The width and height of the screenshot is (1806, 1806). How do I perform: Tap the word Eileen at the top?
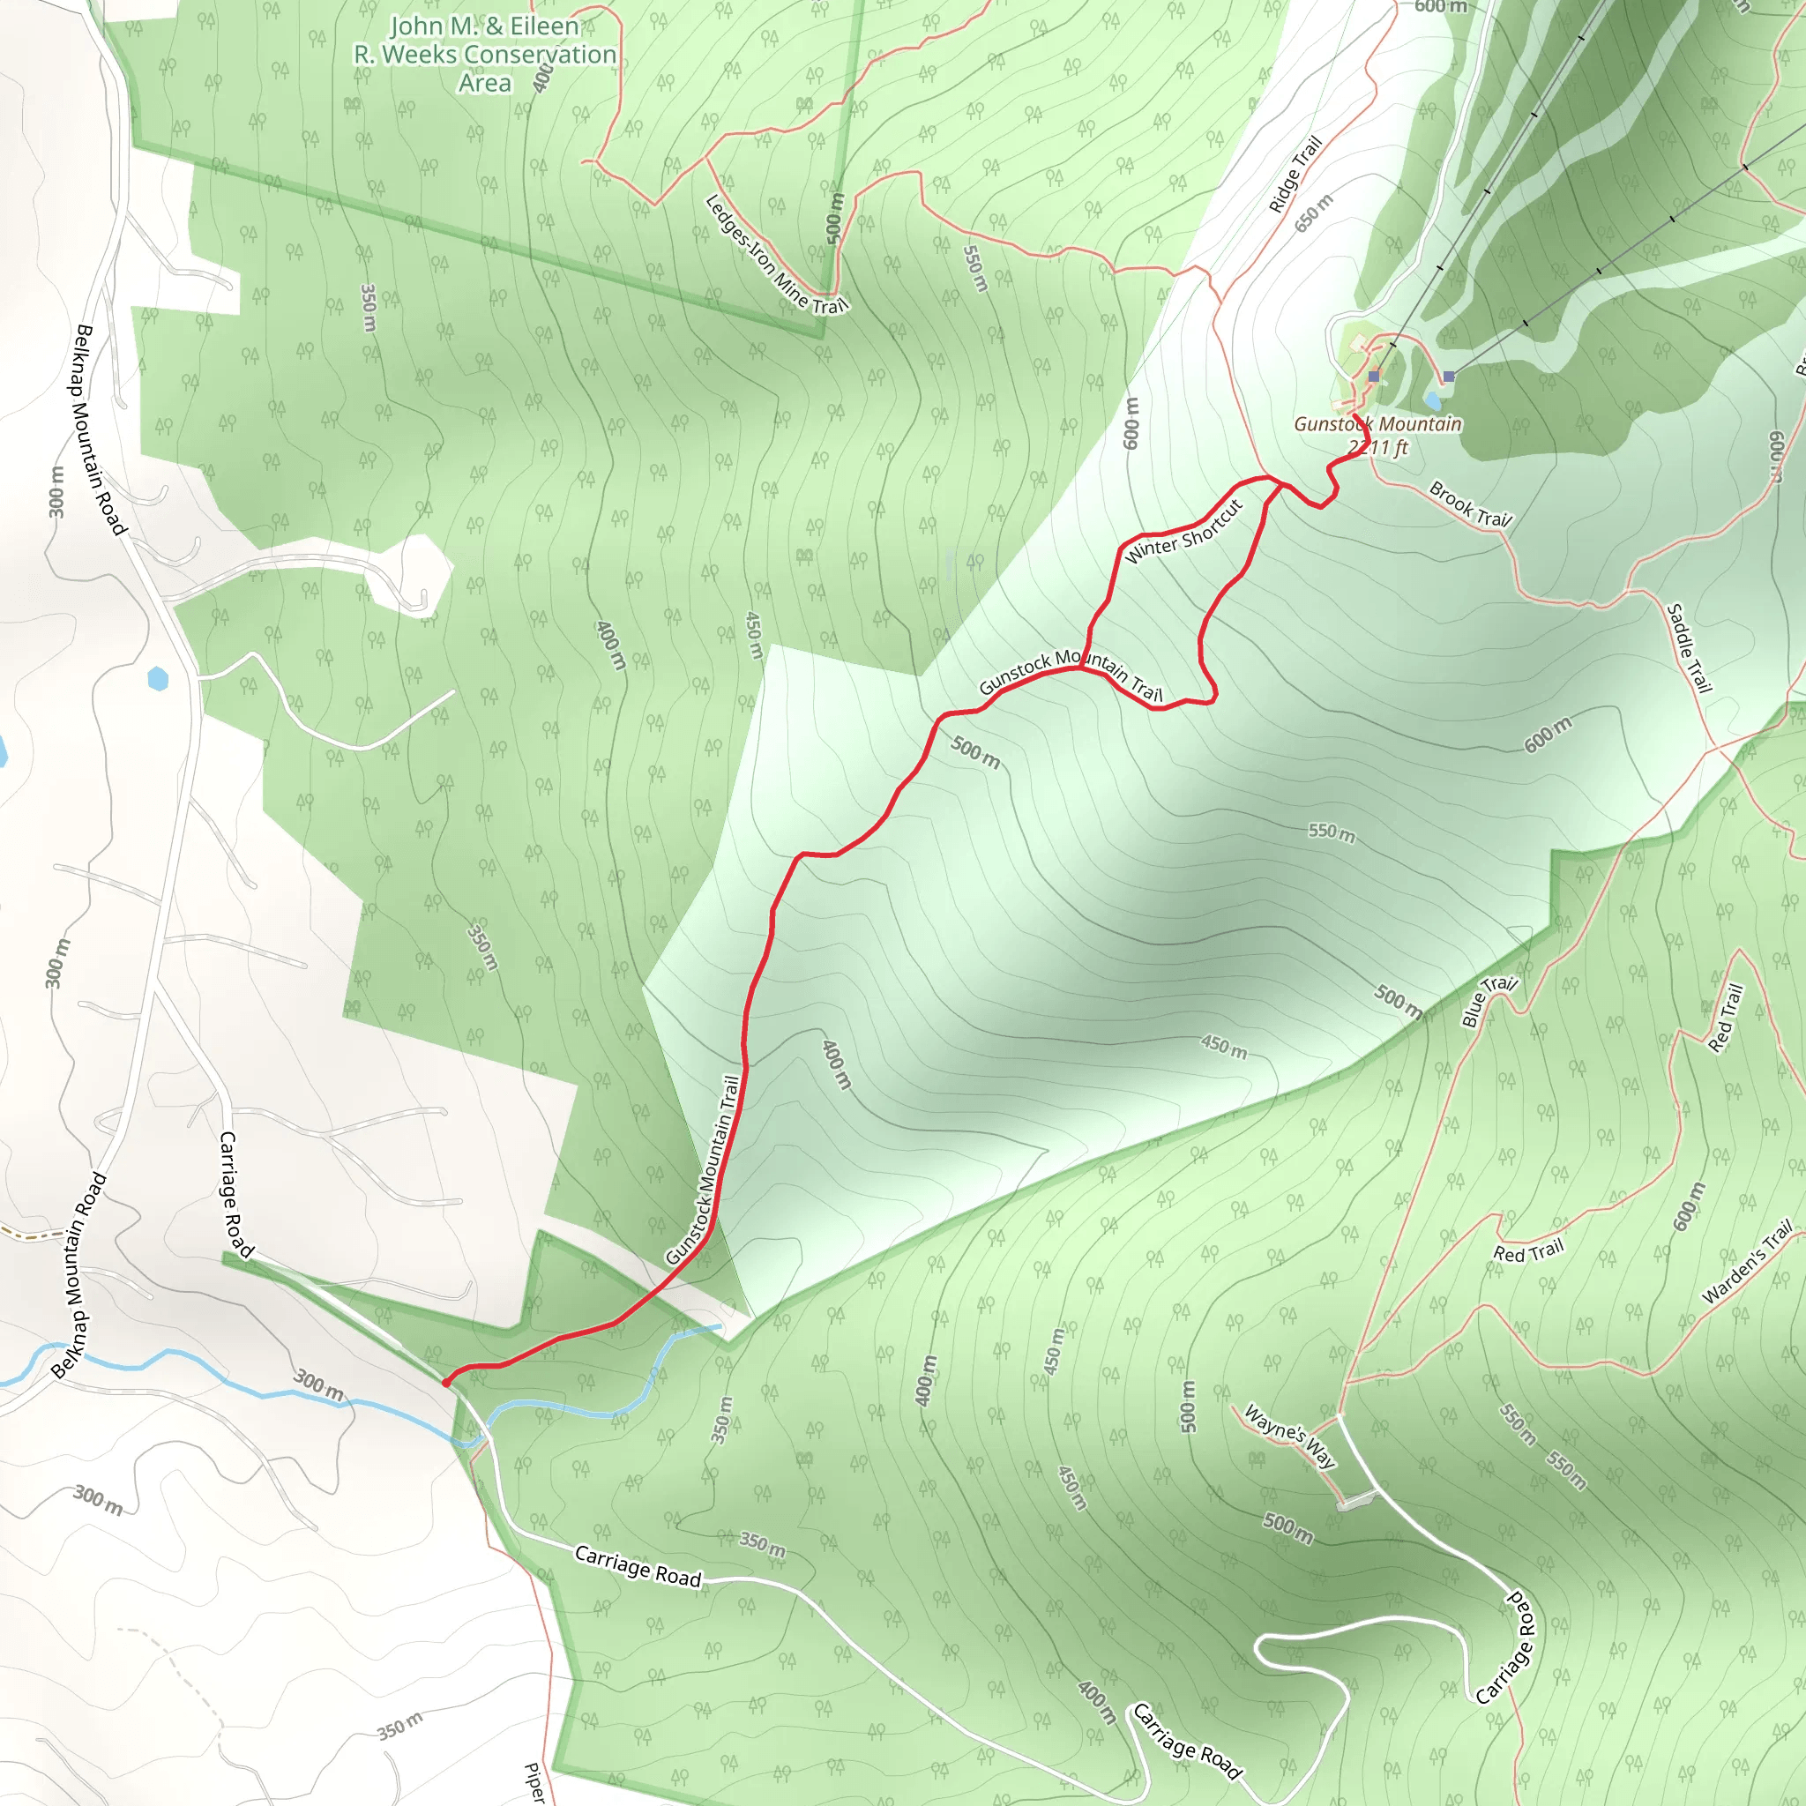point(544,26)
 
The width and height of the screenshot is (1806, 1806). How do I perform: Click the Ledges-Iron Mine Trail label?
point(775,255)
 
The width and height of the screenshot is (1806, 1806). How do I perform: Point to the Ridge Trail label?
point(1295,174)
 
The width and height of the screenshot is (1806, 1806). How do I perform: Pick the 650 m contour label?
point(1313,213)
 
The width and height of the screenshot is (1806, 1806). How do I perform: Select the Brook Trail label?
point(1469,504)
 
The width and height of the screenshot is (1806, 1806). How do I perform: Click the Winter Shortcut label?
point(1183,532)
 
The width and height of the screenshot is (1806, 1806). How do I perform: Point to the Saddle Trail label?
point(1689,648)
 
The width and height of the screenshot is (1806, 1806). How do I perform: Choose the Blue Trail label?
point(1489,1001)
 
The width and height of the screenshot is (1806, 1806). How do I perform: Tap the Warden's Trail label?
point(1747,1262)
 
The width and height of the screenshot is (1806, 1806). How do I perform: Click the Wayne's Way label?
point(1290,1437)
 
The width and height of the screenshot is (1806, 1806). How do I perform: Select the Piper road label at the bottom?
point(534,1781)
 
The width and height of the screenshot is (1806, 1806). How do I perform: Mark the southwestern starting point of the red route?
point(446,1383)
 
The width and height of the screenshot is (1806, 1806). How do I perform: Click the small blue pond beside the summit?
point(1432,401)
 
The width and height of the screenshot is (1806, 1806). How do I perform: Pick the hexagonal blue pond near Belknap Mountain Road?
point(158,679)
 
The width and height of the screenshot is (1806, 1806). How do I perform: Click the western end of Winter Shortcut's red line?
point(1084,667)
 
